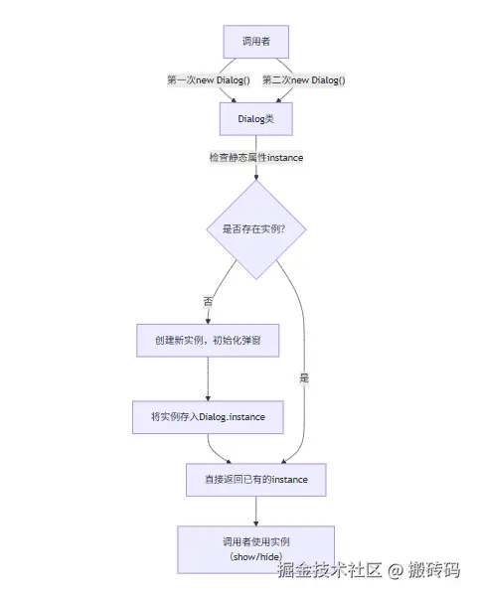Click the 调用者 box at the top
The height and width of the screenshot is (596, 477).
pos(255,42)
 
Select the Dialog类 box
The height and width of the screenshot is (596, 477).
pos(255,118)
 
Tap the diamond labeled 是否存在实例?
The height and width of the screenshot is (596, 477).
pos(255,229)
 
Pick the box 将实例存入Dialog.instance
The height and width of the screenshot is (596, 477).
pos(208,417)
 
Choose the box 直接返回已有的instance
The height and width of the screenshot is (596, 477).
pos(255,480)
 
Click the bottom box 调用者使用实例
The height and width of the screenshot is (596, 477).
pos(255,549)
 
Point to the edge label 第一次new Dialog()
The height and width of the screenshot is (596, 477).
pos(208,79)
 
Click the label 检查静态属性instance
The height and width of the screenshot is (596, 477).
pos(255,157)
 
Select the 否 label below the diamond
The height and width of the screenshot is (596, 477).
pos(208,300)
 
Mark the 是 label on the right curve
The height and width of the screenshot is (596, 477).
pos(304,378)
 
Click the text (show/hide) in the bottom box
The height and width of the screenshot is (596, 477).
pos(255,557)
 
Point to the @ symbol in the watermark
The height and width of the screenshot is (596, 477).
pos(395,571)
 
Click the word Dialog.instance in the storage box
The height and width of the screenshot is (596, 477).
pos(233,417)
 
